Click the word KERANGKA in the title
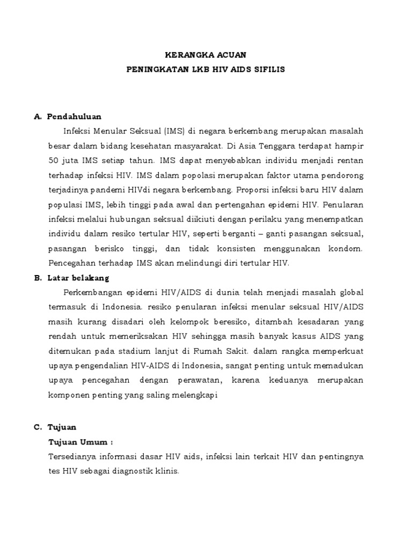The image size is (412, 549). click(182, 55)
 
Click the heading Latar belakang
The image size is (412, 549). click(78, 278)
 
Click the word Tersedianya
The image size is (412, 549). click(71, 457)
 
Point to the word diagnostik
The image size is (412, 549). click(132, 472)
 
